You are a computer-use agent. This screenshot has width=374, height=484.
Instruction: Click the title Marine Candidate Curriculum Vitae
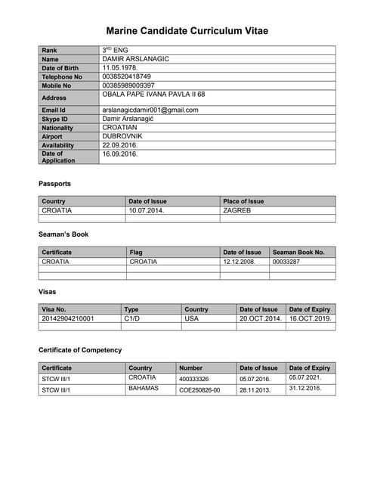[x=187, y=31]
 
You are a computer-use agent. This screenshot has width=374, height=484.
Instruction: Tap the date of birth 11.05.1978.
[x=120, y=67]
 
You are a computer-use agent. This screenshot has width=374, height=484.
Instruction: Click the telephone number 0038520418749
[x=127, y=76]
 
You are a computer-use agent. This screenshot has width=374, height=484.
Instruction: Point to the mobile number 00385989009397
[x=128, y=85]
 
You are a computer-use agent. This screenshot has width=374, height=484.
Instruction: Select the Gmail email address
[x=150, y=110]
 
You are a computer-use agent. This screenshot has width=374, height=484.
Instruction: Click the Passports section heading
[x=54, y=184]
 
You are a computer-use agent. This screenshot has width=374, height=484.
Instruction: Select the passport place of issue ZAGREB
[x=236, y=210]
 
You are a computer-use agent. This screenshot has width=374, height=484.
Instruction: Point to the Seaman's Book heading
[x=63, y=234]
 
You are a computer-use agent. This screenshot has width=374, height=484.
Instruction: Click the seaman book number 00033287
[x=286, y=261]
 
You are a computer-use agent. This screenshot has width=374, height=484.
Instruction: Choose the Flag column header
[x=136, y=252]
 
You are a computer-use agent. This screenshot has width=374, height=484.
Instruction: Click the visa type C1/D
[x=133, y=318]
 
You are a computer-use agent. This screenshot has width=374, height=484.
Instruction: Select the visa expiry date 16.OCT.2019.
[x=311, y=318]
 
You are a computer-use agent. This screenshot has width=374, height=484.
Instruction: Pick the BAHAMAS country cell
[x=144, y=388]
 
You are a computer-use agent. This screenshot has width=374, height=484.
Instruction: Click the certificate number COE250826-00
[x=199, y=389]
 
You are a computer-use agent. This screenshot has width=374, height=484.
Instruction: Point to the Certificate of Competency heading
[x=80, y=350]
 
